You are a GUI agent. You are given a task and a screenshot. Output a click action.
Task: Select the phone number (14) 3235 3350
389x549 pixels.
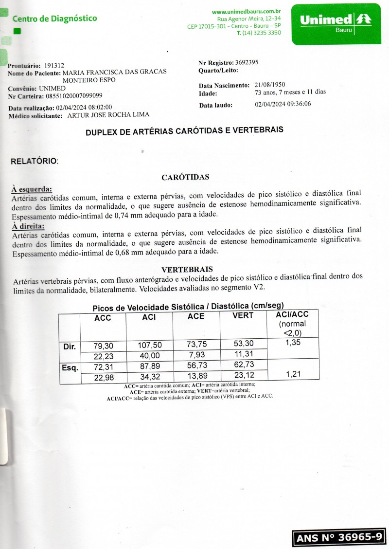click(261, 33)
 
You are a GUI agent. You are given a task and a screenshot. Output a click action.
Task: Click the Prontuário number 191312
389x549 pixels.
click(54, 65)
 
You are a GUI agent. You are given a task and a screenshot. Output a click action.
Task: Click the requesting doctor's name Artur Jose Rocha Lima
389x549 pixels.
click(108, 115)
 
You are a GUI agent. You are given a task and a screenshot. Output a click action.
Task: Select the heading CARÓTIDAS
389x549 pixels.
click(185, 177)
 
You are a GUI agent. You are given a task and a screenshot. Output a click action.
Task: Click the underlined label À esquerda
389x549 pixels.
click(32, 189)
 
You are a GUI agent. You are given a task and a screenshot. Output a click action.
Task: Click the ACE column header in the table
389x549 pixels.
click(195, 316)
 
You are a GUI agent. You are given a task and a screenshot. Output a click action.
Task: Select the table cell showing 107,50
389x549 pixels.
click(149, 346)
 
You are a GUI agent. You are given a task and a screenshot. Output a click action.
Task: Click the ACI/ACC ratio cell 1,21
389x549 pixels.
click(293, 374)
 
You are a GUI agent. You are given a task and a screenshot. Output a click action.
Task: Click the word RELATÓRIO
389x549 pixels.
click(34, 161)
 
